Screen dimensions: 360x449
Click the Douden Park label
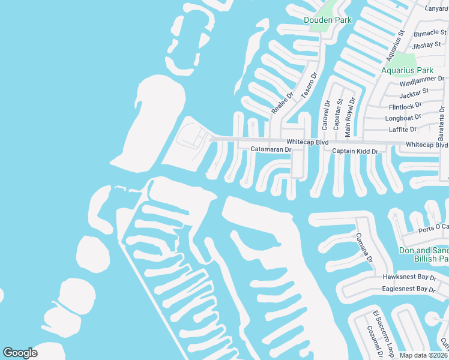328,20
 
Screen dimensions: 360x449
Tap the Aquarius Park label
408,70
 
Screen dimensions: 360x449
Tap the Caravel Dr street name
327,115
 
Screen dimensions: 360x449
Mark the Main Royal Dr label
352,113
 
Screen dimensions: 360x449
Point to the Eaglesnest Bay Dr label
408,289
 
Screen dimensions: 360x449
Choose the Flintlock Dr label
405,106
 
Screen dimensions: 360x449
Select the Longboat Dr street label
402,118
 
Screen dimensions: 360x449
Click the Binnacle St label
427,33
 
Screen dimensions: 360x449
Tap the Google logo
20,353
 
